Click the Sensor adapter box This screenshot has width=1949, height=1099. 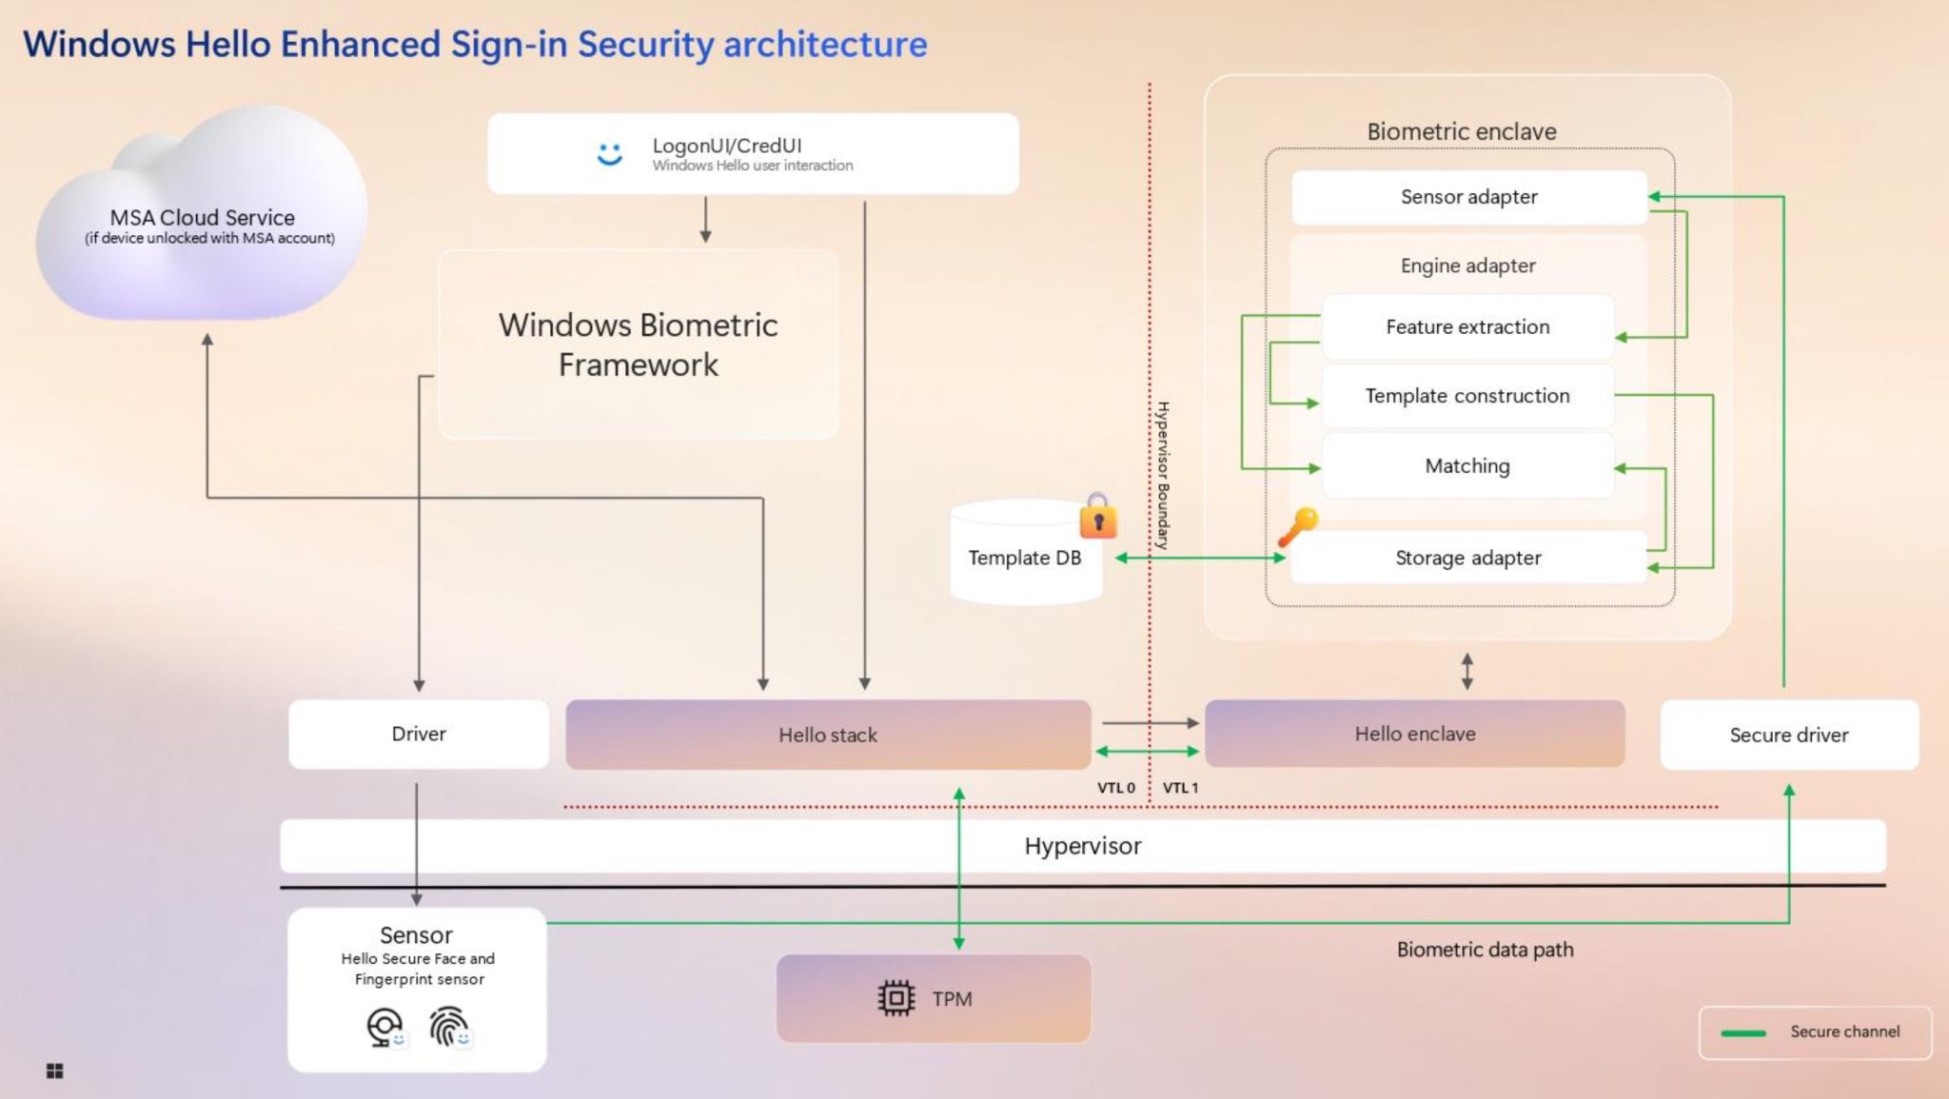point(1468,197)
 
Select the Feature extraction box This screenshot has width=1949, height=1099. point(1467,326)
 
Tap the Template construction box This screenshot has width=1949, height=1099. point(1467,396)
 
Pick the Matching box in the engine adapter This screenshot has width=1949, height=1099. point(1467,466)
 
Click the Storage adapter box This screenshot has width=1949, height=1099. point(1467,558)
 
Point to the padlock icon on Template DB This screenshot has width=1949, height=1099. point(1098,518)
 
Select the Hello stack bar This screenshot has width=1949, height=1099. point(827,735)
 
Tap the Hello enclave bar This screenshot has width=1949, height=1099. point(1414,734)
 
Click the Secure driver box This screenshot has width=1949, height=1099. point(1788,735)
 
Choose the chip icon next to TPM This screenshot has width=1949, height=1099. point(896,998)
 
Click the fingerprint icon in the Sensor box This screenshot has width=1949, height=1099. point(448,1027)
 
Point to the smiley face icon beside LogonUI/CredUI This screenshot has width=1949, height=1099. point(609,153)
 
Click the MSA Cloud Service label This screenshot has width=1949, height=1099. point(202,218)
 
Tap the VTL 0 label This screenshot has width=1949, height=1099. point(1115,788)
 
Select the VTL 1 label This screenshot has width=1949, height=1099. point(1180,788)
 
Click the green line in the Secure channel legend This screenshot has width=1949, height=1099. point(1743,1033)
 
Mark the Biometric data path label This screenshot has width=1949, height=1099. point(1485,950)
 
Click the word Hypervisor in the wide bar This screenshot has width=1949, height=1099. point(1082,846)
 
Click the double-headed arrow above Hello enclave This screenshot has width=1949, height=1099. point(1467,671)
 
